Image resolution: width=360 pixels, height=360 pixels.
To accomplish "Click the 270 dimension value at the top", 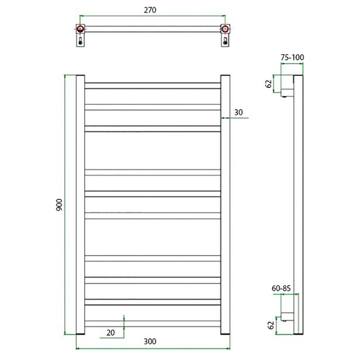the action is click(x=150, y=10).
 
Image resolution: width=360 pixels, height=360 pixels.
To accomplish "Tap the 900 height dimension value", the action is click(x=59, y=205).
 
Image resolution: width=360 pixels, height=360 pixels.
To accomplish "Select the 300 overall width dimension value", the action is click(x=150, y=342).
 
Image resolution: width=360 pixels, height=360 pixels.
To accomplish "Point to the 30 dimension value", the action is click(x=238, y=112).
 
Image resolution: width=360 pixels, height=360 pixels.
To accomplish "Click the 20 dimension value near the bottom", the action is click(x=110, y=333).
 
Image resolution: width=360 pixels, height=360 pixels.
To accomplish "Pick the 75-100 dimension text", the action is click(x=292, y=58).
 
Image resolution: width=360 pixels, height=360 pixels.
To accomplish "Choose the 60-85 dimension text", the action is click(x=281, y=288).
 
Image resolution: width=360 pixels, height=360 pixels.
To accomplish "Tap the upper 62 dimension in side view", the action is click(x=269, y=84).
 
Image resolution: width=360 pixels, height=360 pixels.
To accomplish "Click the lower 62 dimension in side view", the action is click(x=271, y=325).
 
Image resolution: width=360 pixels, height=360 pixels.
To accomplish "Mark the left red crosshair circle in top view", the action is click(x=81, y=29).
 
